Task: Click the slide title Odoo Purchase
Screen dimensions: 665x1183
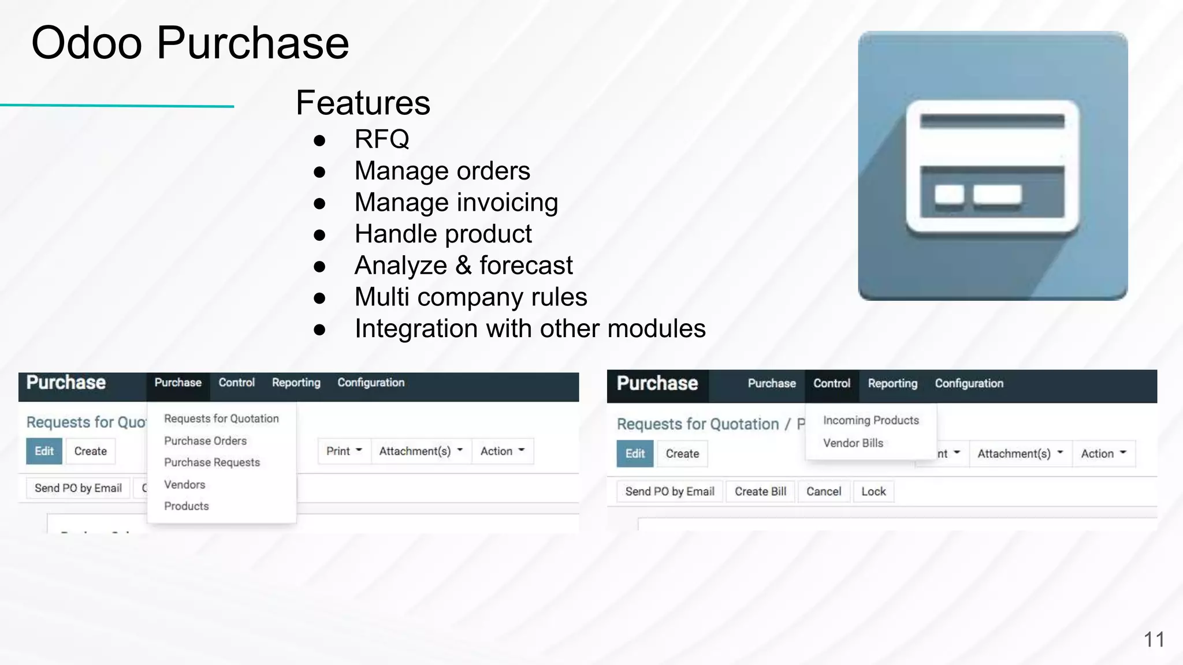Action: [190, 43]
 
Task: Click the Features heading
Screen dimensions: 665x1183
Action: [363, 103]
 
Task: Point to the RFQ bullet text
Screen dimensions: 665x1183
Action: [382, 139]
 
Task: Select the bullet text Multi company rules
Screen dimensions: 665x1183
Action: [470, 297]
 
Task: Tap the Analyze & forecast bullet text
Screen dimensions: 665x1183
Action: [463, 266]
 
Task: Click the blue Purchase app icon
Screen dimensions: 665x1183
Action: [992, 166]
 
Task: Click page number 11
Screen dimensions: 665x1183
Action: [1154, 640]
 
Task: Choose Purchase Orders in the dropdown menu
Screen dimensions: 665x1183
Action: [205, 441]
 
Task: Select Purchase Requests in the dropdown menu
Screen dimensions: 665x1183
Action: [212, 462]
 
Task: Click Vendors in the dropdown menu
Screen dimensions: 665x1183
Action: [184, 485]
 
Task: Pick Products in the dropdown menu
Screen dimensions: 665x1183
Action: [186, 506]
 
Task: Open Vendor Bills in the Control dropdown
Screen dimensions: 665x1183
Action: [853, 443]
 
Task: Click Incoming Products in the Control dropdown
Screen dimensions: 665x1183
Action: [870, 421]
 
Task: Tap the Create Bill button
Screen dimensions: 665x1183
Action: [760, 492]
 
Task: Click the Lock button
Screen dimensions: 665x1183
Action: [873, 492]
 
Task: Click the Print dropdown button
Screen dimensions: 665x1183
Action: [344, 451]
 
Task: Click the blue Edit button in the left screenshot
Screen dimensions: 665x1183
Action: [44, 451]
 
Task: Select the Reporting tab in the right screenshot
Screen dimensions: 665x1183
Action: [892, 384]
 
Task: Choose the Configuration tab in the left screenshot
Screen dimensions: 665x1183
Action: [371, 383]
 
